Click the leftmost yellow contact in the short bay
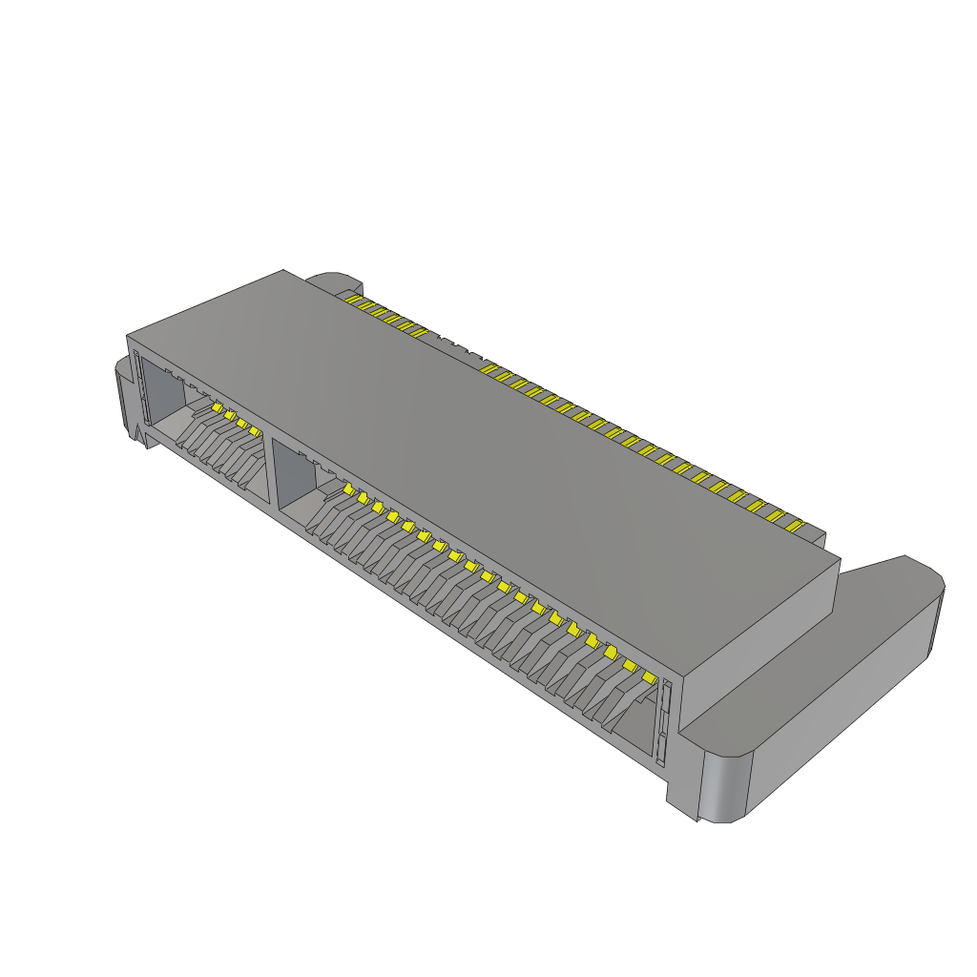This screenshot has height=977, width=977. pos(217,408)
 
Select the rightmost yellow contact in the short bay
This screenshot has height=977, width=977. pos(255,431)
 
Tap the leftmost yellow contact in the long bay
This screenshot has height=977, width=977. pos(348,489)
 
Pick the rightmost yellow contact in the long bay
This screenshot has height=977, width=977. pos(650,677)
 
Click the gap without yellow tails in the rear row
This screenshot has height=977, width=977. pos(456,351)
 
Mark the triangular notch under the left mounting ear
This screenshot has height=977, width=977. pos(139,437)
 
